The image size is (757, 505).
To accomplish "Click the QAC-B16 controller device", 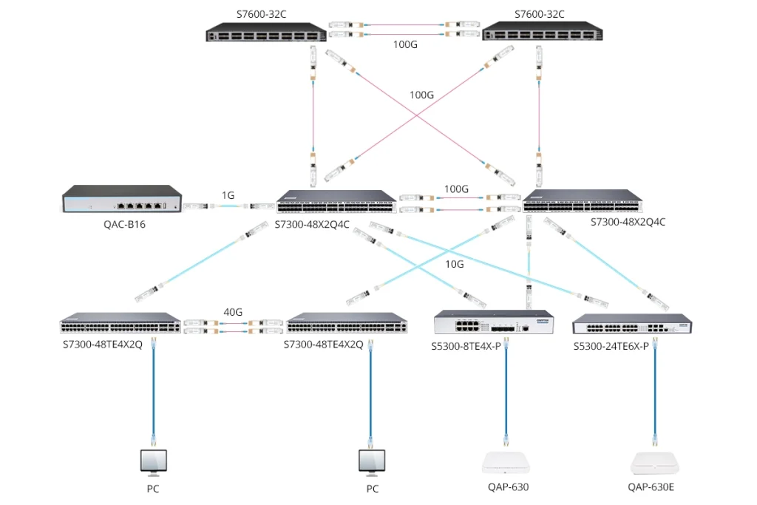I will (122, 200).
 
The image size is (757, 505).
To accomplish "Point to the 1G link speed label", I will (228, 195).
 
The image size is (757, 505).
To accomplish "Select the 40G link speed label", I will (233, 312).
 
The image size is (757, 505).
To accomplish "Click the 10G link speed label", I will (455, 264).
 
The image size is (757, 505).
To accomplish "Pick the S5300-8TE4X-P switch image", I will (493, 324).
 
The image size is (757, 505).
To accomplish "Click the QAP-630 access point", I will (508, 462).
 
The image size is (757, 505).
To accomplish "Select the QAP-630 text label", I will (508, 487).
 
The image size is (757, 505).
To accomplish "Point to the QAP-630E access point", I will (655, 462).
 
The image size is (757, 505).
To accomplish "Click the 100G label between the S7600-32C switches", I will (405, 44).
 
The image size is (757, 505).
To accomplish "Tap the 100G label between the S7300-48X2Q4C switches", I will (456, 189).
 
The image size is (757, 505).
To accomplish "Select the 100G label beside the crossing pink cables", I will (422, 95).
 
